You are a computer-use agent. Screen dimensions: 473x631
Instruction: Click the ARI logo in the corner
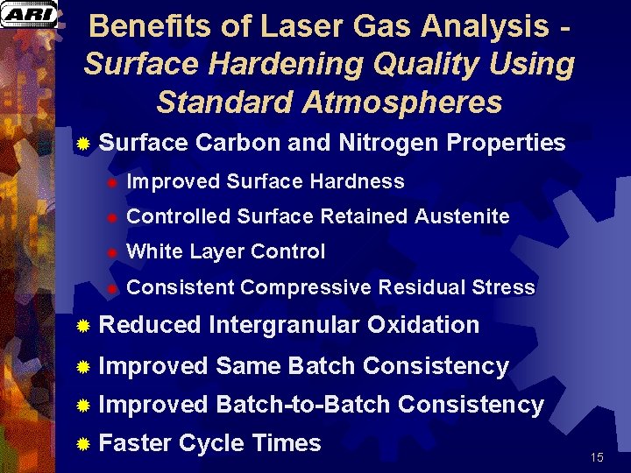(28, 14)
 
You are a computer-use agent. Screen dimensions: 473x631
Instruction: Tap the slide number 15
(597, 457)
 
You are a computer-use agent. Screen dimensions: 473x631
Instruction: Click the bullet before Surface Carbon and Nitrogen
(82, 143)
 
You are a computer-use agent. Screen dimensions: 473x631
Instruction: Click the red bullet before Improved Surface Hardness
(111, 182)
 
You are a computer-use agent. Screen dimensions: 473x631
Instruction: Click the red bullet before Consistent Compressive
(111, 288)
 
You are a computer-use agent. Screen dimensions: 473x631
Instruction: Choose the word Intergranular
(284, 325)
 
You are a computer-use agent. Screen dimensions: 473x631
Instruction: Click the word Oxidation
(423, 325)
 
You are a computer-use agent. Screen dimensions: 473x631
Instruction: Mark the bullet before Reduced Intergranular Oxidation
(82, 326)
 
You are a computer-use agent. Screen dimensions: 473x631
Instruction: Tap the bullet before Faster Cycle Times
(82, 444)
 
